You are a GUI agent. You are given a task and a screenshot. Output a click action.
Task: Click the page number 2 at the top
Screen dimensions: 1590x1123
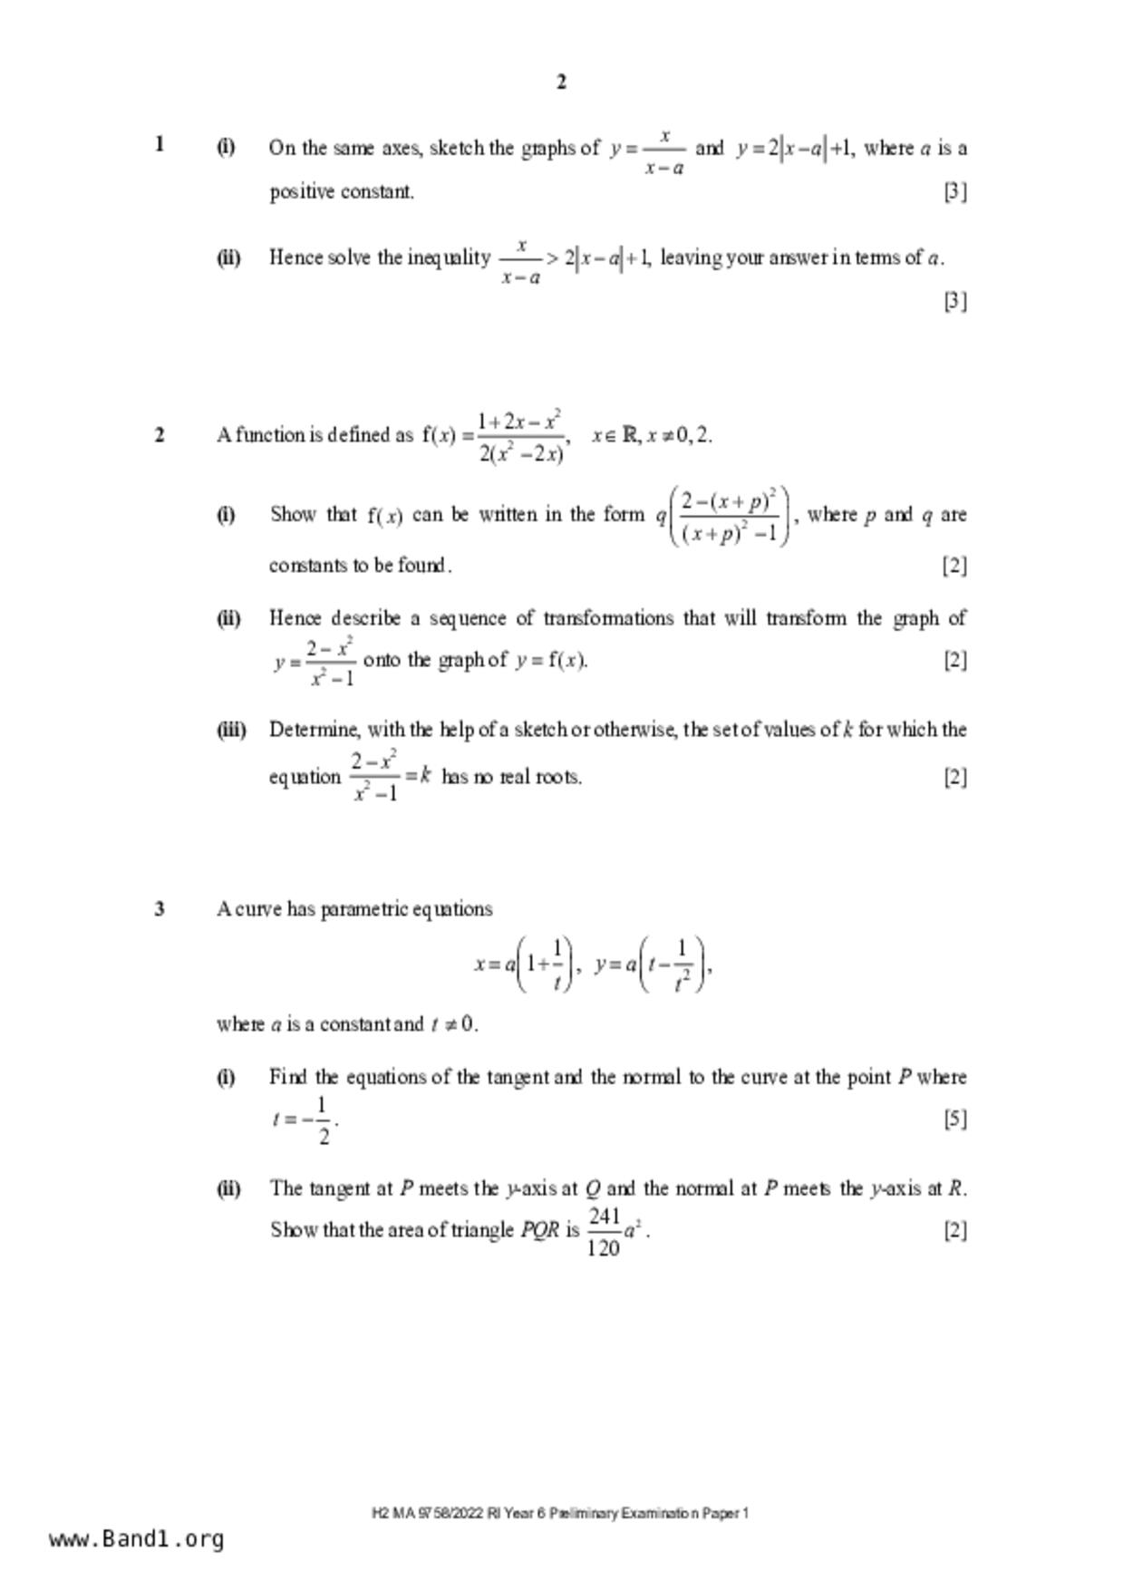tap(561, 82)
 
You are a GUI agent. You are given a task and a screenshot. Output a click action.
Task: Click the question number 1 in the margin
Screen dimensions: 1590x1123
tap(160, 144)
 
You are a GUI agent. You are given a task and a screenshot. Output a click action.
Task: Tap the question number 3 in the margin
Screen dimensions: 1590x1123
tap(160, 908)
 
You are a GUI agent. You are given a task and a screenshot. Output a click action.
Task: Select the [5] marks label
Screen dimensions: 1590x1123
tap(955, 1119)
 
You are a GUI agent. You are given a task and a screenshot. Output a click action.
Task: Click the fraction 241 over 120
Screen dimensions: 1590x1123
tap(604, 1231)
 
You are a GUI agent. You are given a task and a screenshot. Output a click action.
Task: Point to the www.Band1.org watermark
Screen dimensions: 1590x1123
tap(137, 1539)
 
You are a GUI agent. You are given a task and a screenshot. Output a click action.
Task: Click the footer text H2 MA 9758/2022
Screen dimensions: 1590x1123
tap(427, 1513)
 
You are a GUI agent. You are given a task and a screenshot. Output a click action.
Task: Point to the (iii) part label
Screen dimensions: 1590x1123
tap(230, 730)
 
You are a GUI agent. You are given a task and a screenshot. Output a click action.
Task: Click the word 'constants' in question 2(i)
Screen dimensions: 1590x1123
tap(305, 566)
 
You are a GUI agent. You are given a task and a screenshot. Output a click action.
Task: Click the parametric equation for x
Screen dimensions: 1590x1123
tap(525, 965)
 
